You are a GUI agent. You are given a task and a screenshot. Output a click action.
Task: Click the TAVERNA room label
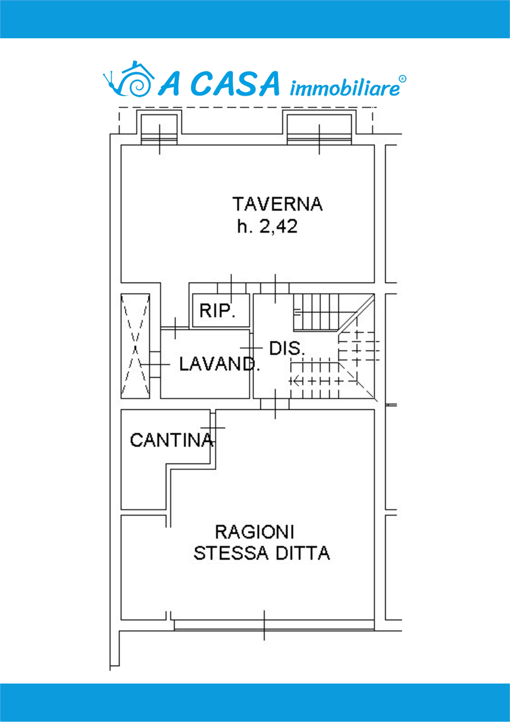tap(277, 204)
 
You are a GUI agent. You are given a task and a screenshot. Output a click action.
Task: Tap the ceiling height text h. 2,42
tap(267, 227)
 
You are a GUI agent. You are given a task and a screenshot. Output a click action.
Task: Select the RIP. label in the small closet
tap(218, 311)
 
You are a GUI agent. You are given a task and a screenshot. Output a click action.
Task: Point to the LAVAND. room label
tap(219, 364)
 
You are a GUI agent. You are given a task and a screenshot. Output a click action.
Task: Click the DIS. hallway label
tap(287, 349)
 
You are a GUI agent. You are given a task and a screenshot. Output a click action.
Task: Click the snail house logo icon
tap(129, 78)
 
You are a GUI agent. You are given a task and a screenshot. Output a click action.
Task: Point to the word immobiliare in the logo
tap(345, 89)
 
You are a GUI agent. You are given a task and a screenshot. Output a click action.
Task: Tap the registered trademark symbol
tap(403, 78)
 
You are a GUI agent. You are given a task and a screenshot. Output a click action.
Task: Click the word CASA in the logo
tap(235, 84)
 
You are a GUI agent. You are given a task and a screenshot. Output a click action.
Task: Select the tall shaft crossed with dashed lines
tap(135, 346)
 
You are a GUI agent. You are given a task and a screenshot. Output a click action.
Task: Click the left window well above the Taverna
tap(159, 127)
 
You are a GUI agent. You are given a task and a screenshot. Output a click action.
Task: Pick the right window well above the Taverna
tap(319, 127)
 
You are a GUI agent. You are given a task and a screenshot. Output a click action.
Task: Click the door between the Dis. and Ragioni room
tap(275, 404)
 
